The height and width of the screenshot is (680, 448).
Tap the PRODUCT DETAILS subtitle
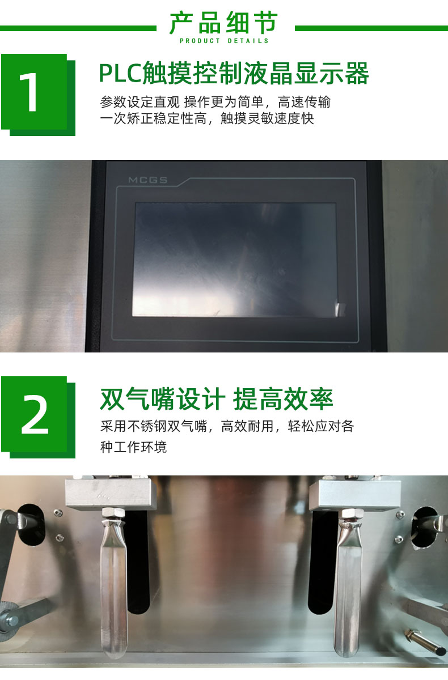pos(224,41)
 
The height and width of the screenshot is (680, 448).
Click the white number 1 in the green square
pos(29,92)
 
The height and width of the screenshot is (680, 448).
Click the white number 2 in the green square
pos(35,415)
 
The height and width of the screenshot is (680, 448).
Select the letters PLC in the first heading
pos(120,74)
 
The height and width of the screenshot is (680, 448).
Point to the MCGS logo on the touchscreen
pos(147,180)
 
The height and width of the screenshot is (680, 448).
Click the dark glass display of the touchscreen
pos(234,260)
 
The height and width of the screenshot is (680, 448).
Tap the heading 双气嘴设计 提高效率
pos(216,399)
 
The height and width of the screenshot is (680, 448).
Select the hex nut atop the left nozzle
pos(113,512)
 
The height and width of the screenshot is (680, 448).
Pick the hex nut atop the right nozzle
pos(352,513)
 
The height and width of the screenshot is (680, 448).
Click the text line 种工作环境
pos(133,447)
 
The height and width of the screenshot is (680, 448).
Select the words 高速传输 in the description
pos(304,102)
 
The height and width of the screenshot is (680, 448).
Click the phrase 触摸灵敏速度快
pos(267,118)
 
